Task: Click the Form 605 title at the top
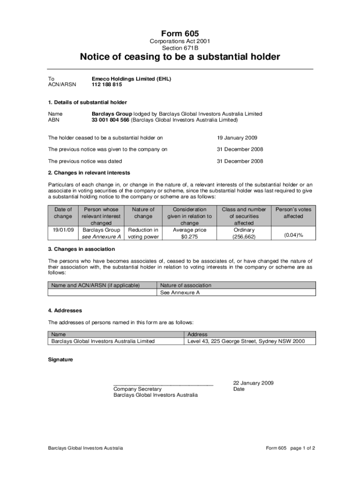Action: pos(180,34)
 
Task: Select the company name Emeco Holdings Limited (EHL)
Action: pos(131,79)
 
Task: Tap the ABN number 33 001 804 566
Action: pos(110,120)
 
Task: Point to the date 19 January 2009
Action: pos(237,138)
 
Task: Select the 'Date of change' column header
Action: pos(63,213)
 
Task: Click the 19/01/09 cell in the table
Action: pos(63,230)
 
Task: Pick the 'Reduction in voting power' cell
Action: pos(143,233)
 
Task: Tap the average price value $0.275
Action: pos(189,237)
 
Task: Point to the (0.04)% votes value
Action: pos(293,235)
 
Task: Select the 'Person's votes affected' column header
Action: pos(293,213)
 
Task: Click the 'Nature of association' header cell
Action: pos(186,285)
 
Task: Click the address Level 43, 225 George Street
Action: pos(222,341)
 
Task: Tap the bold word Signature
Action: pos(60,359)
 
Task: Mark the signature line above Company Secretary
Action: pos(163,385)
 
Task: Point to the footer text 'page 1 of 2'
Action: pos(302,448)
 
